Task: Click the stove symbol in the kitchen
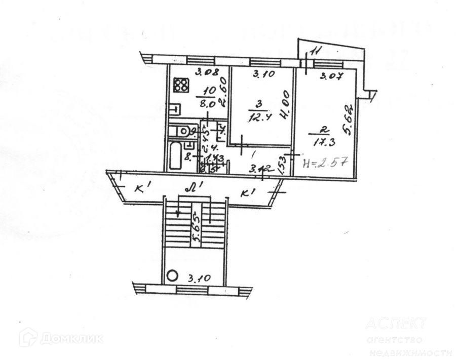pos(180,85)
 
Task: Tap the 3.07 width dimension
pos(330,77)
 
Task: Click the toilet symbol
pos(179,132)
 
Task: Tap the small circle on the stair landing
pos(172,276)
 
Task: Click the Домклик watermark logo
pos(61,338)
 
